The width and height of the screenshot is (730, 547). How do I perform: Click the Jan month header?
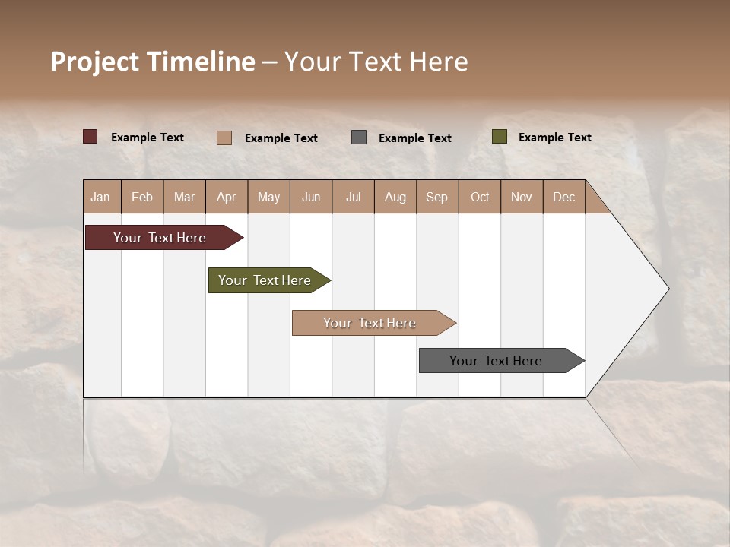[100, 197]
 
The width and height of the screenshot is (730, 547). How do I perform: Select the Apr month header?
[227, 197]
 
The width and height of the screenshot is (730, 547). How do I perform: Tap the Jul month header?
[353, 197]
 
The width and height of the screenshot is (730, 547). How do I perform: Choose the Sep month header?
[436, 197]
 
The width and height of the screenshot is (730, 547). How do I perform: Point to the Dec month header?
[563, 197]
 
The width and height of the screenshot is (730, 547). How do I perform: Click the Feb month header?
[142, 197]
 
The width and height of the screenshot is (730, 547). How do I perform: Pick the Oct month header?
[480, 197]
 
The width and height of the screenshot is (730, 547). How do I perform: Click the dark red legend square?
[90, 137]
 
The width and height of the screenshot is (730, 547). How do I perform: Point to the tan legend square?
[224, 138]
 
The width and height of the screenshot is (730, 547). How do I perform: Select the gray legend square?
[359, 137]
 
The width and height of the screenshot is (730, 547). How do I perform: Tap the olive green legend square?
[500, 137]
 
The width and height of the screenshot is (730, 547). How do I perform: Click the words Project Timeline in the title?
[153, 62]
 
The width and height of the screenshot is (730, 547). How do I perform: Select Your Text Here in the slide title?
[376, 62]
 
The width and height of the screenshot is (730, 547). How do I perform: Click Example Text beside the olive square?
[554, 137]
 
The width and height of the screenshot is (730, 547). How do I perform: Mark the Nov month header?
[522, 197]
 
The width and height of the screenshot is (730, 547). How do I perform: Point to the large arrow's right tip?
[667, 289]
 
